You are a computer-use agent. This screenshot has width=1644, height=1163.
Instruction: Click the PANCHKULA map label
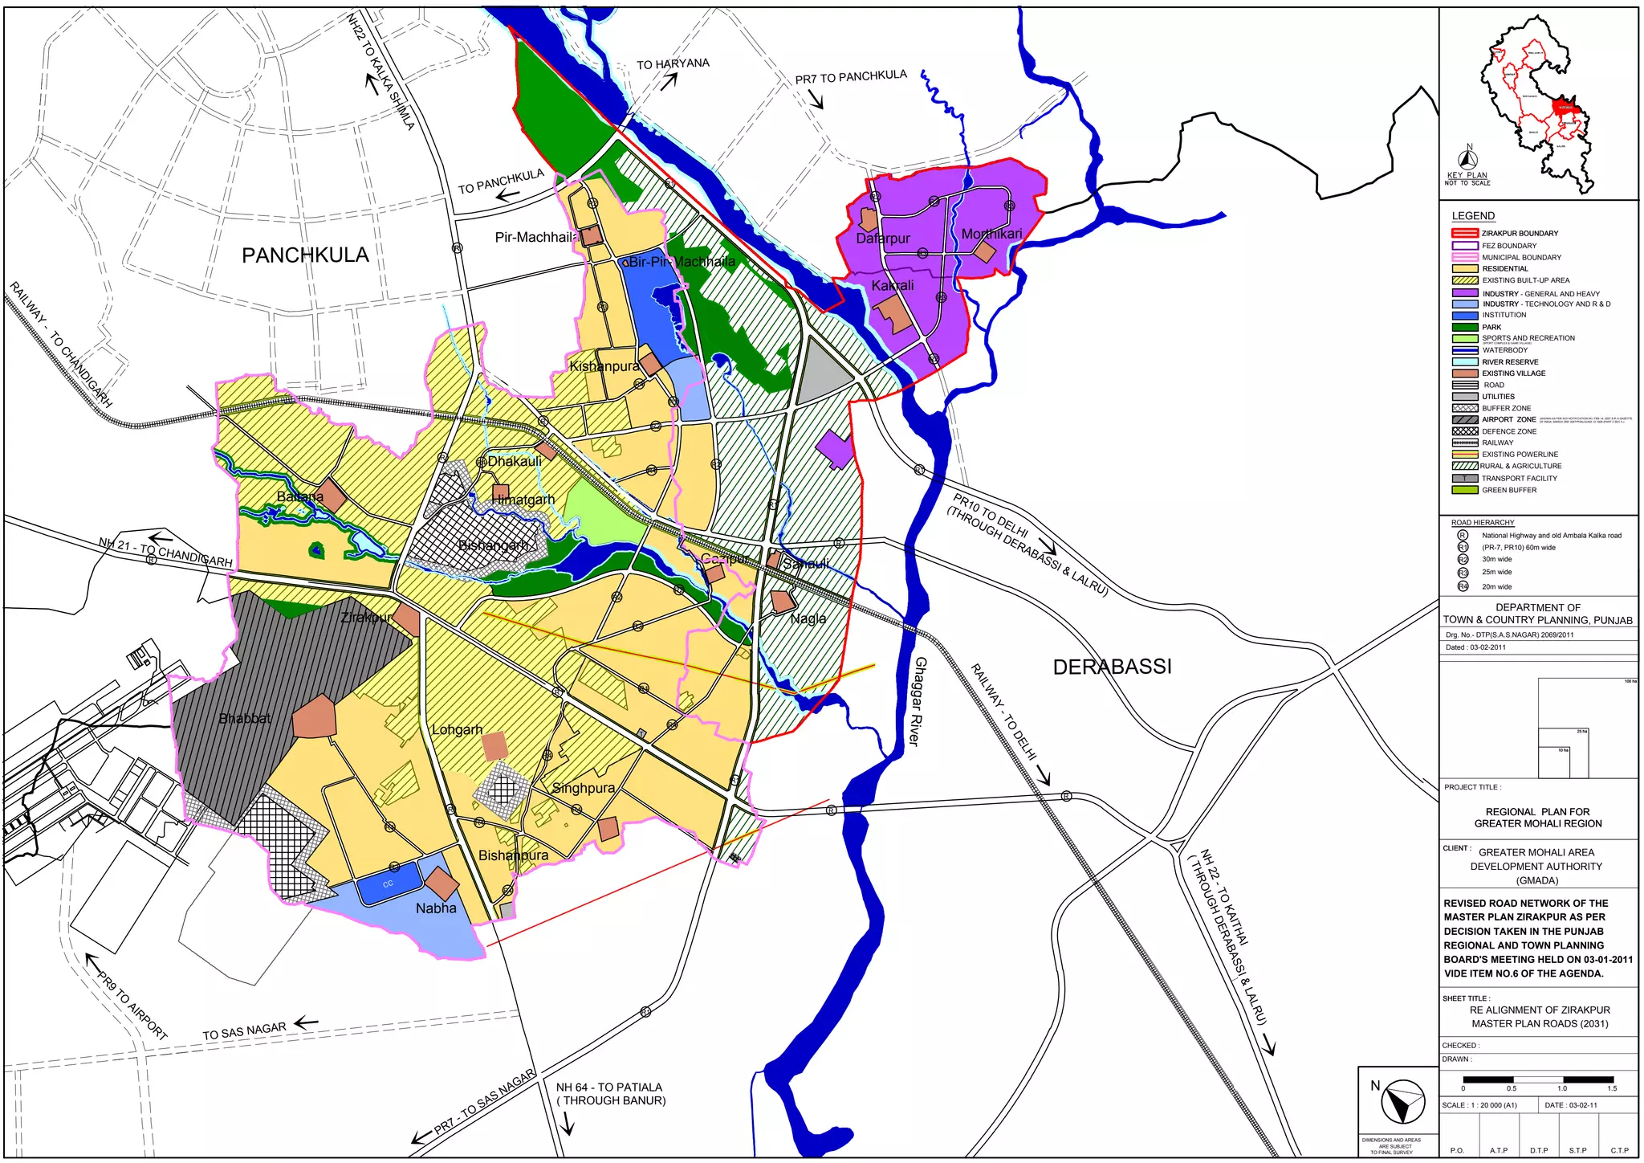point(305,255)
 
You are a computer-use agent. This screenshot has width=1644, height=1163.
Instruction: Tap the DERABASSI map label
point(1112,667)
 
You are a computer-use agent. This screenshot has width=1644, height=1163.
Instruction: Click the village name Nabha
point(436,908)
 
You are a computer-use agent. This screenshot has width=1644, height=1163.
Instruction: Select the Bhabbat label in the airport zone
point(245,718)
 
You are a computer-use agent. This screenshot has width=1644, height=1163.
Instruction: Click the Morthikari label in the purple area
point(992,234)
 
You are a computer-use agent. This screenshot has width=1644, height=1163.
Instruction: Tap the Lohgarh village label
point(457,729)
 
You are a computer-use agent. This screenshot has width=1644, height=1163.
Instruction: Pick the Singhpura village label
point(584,788)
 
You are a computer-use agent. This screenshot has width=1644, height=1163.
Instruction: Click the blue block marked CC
point(389,884)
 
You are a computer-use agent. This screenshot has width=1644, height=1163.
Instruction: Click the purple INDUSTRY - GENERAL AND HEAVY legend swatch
point(1464,293)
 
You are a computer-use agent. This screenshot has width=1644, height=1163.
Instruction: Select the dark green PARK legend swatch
point(1464,327)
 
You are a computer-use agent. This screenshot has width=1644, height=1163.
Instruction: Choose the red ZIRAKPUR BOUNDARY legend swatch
point(1464,233)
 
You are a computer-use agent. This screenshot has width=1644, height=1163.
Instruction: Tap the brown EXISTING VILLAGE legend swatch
point(1464,373)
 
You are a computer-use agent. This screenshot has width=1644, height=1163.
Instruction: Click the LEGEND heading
point(1473,216)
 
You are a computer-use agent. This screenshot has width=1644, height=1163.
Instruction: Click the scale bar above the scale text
point(1537,1079)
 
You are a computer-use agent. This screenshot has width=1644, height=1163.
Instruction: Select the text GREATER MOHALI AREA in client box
point(1536,852)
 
